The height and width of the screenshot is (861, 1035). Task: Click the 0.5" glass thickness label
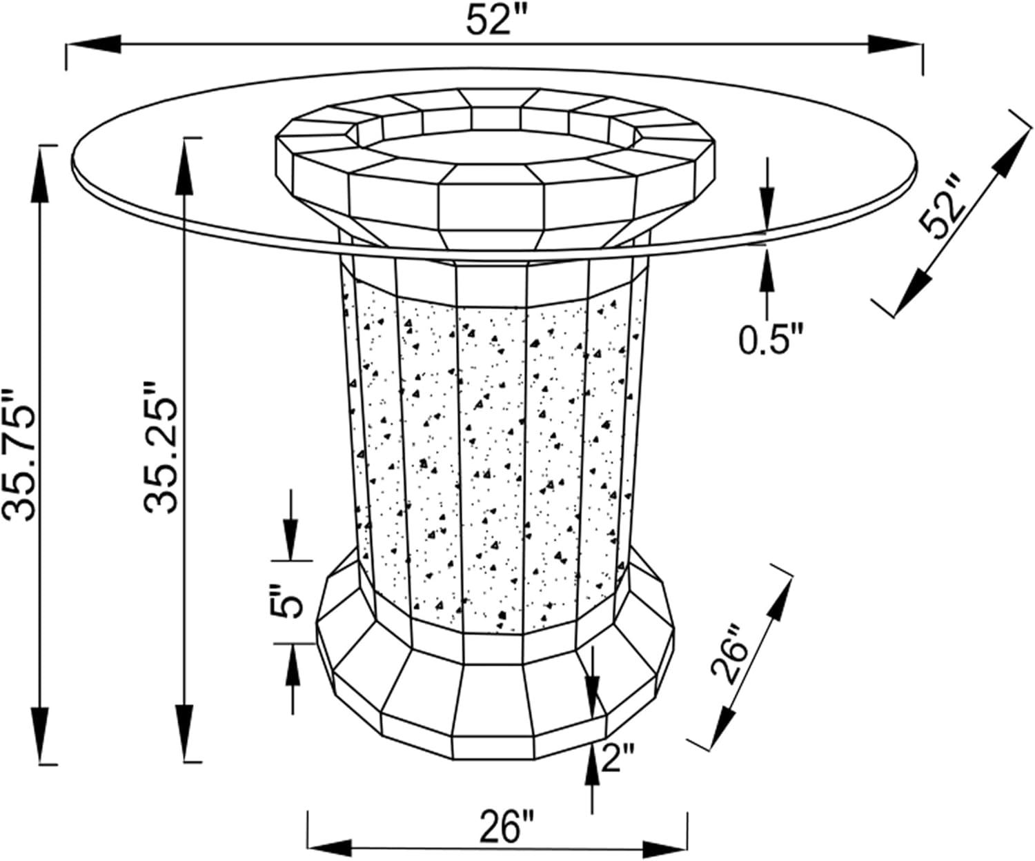(x=770, y=339)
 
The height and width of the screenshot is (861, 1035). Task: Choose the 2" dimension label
(x=618, y=757)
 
